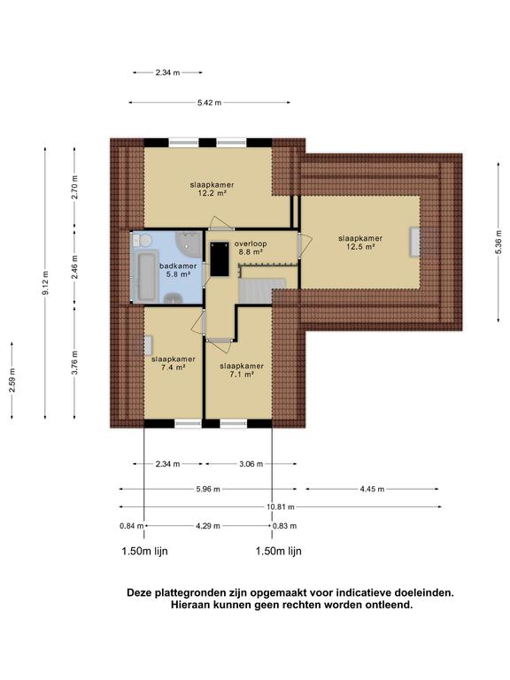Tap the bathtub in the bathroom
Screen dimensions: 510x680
[147, 276]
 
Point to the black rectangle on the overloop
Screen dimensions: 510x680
[220, 259]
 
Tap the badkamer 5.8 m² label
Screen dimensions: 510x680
[178, 270]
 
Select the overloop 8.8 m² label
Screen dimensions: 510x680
[251, 248]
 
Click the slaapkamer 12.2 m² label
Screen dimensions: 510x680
[212, 189]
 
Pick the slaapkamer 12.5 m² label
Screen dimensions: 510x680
[360, 243]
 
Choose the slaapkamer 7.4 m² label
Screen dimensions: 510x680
[173, 363]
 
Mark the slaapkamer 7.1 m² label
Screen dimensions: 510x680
[242, 370]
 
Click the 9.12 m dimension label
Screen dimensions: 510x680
[45, 282]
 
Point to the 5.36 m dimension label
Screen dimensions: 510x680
[498, 242]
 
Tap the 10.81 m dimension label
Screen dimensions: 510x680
[281, 506]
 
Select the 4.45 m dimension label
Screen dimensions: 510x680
[372, 489]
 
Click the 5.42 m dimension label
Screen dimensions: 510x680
[209, 103]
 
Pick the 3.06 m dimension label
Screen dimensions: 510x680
[251, 464]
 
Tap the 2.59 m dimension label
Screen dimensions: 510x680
[12, 381]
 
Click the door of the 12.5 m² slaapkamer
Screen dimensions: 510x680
[305, 246]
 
